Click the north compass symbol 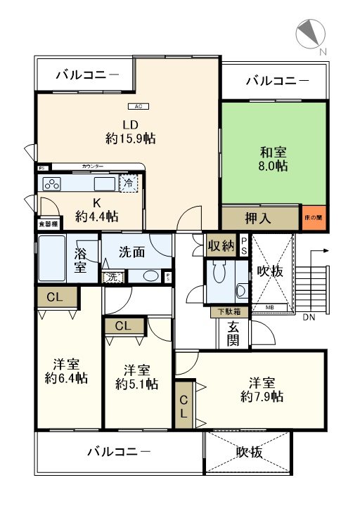click(309, 35)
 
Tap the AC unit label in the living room click(138, 107)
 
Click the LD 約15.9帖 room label click(130, 132)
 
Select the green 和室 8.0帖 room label click(271, 159)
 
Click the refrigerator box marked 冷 click(129, 183)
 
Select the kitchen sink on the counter click(104, 185)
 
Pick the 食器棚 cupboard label click(48, 224)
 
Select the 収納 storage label click(221, 246)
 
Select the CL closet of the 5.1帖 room click(123, 326)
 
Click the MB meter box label click(269, 306)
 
